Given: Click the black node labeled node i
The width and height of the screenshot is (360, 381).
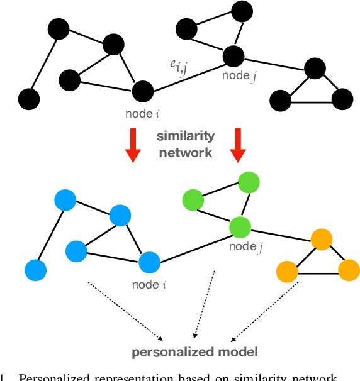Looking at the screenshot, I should click(143, 91).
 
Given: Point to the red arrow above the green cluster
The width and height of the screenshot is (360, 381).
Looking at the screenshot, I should click(237, 145).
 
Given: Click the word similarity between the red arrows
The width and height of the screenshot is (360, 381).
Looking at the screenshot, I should click(186, 136).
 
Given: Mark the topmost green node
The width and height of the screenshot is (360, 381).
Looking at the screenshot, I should click(249, 182).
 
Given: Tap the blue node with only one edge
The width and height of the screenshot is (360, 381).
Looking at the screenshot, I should click(36, 270).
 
